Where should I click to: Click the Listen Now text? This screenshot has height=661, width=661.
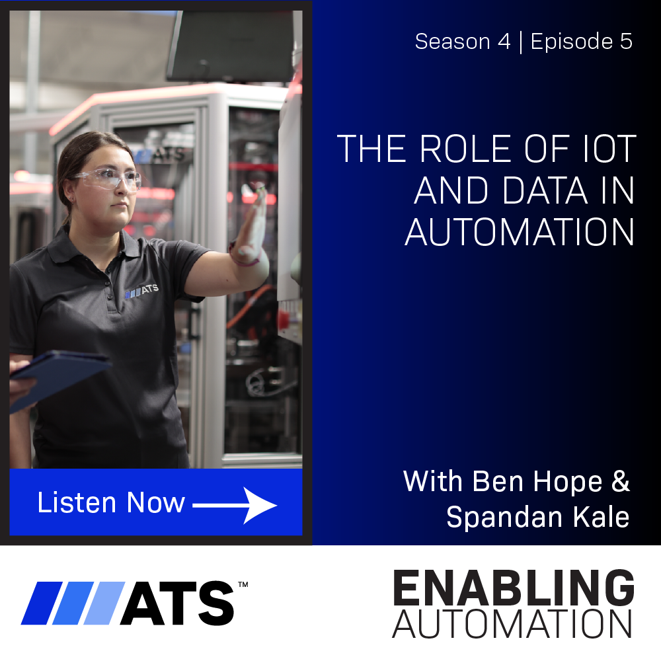(x=111, y=502)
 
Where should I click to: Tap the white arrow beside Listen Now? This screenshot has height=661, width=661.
(x=235, y=506)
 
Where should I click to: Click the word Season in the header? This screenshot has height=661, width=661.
(x=452, y=41)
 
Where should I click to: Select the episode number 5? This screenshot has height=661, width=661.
(x=626, y=41)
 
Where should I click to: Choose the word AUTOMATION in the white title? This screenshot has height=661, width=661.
(x=520, y=232)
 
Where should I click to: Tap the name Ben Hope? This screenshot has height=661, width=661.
(x=537, y=481)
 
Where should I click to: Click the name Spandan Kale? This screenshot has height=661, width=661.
(x=538, y=518)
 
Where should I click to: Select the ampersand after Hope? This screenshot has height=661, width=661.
(x=621, y=481)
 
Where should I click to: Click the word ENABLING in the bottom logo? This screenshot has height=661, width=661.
(x=514, y=587)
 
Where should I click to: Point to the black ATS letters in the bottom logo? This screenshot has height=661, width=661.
(x=177, y=603)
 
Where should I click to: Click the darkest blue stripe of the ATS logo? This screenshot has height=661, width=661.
(x=42, y=603)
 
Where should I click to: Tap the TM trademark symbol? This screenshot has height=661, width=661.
(x=243, y=584)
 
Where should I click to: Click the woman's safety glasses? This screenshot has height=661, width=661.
(x=108, y=178)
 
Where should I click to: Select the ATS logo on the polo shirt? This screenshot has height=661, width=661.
(x=141, y=291)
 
